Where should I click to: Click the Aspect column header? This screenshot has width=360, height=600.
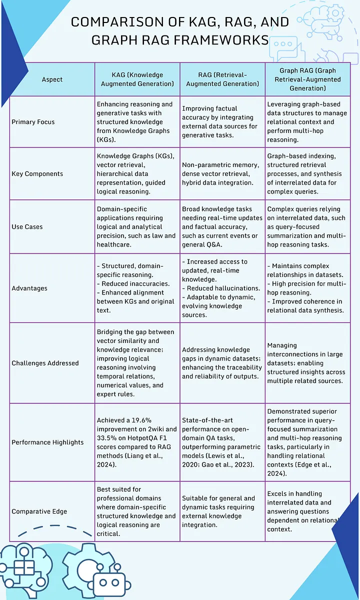(52, 79)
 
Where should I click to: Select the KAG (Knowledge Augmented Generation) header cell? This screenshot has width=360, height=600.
(137, 79)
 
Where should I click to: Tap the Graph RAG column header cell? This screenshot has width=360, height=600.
(307, 79)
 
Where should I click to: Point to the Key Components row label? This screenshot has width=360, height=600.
(37, 173)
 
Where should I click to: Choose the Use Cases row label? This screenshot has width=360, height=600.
(27, 226)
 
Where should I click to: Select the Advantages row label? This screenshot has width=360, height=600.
(29, 288)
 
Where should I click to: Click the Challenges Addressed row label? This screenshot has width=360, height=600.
(45, 363)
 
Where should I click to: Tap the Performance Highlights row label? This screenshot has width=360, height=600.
(48, 442)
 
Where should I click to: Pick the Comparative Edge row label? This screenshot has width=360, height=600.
(39, 511)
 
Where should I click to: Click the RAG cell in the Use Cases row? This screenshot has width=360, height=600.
(222, 227)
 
